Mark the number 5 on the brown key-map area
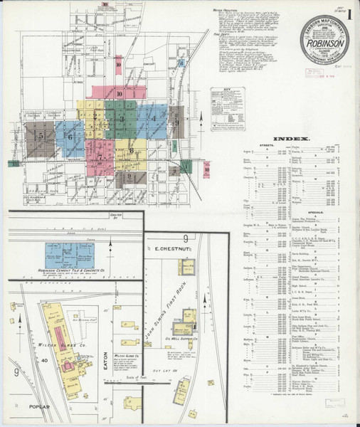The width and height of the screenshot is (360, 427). [x=41, y=135]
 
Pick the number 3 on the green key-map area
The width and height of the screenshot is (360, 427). [x=122, y=119]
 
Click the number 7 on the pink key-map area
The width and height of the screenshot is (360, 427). [x=100, y=157]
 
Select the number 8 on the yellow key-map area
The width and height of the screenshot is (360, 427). [x=132, y=150]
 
